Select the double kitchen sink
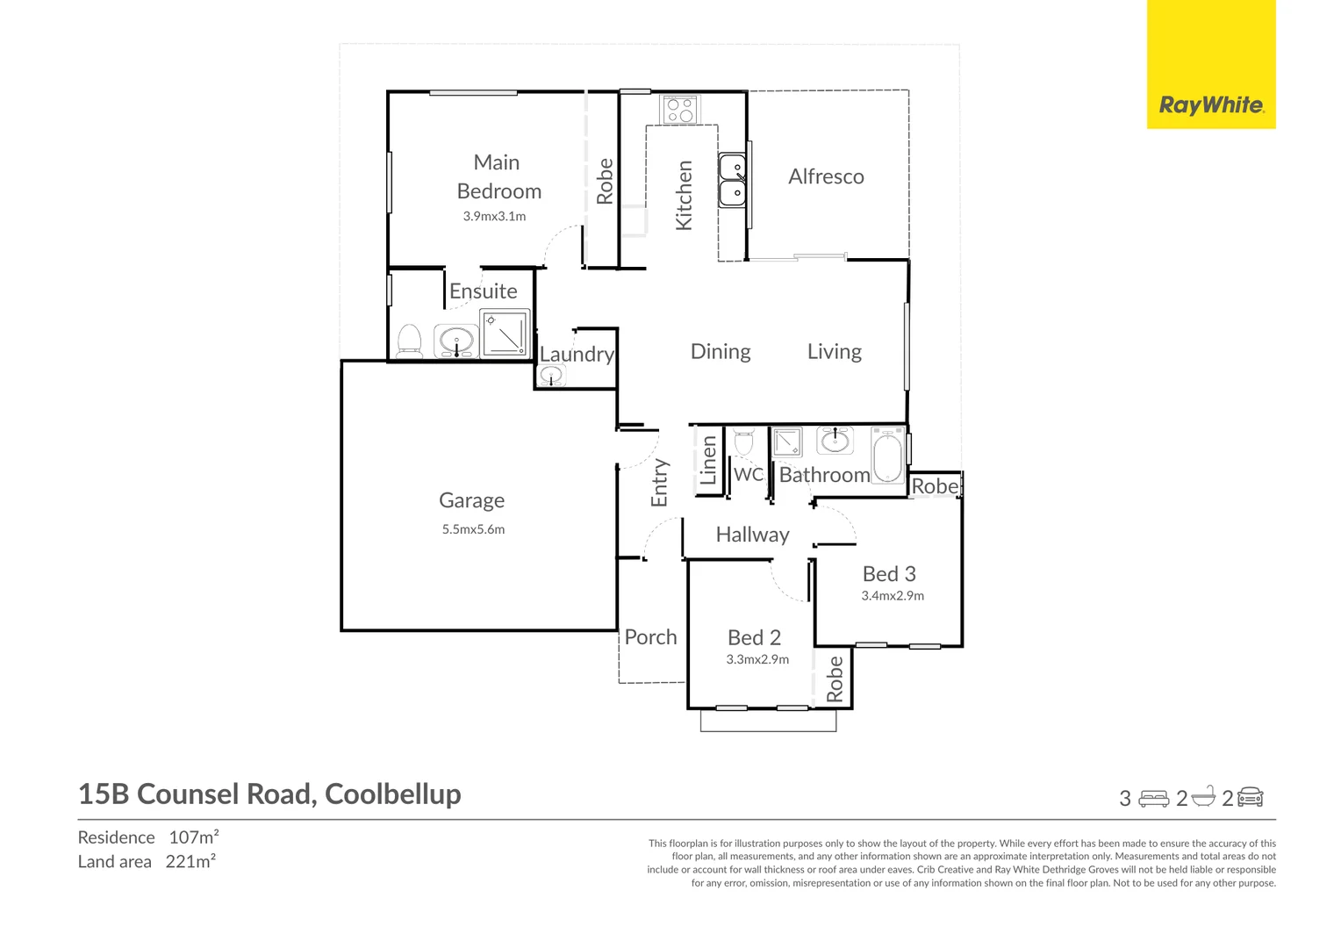(732, 180)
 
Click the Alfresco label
(826, 176)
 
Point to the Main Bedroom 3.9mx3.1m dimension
(494, 216)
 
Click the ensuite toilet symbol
(410, 341)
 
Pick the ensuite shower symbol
(505, 333)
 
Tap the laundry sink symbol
(551, 376)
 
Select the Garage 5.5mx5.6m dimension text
(474, 529)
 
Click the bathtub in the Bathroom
(887, 456)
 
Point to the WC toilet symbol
(743, 442)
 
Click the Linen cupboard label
(708, 460)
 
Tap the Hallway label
(752, 535)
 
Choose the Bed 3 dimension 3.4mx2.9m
(893, 596)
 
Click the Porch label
(650, 636)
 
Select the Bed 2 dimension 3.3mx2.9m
(757, 659)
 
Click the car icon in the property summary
(1250, 798)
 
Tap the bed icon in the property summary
(1153, 799)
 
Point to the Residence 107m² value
(194, 837)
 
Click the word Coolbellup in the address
(392, 795)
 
